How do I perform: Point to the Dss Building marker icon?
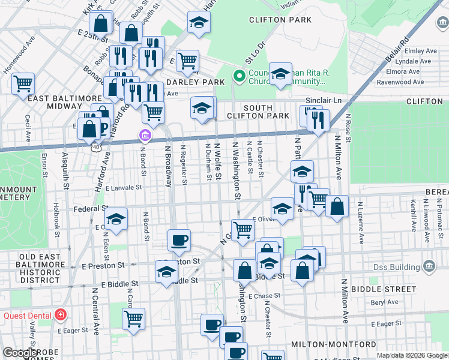pos(429,266)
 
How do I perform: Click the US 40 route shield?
pos(97,146)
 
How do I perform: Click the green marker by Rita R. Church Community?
pos(238,76)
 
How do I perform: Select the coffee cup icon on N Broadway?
pos(179,241)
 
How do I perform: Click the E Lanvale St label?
pos(123,188)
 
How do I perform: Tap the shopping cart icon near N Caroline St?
pos(133,318)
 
